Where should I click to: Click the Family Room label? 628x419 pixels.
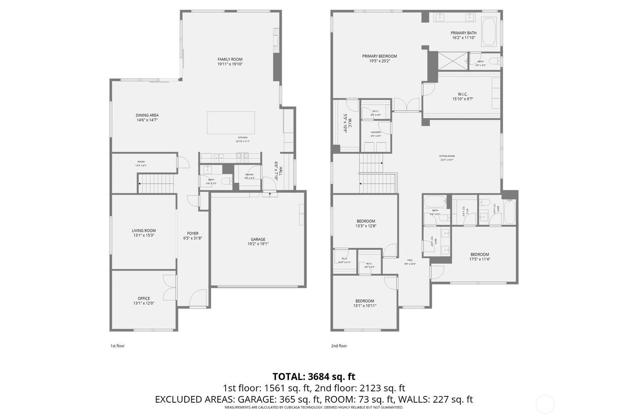[230, 59]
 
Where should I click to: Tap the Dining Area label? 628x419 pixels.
[147, 115]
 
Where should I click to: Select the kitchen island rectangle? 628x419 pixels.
[231, 122]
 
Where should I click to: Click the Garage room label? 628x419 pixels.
[258, 240]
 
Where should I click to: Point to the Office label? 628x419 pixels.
[144, 299]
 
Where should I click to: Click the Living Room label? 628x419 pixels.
[144, 230]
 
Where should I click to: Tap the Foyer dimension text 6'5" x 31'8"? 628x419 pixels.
[193, 238]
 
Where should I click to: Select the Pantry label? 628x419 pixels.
[250, 175]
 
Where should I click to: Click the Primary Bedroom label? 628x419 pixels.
[379, 56]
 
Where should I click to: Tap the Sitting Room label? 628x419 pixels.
[447, 156]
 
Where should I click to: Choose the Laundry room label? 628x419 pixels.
[376, 132]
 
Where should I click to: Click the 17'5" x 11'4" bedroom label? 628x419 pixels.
[479, 254]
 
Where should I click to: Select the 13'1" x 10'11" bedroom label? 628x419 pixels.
[365, 301]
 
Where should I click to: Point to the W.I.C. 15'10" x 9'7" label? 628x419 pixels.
[462, 94]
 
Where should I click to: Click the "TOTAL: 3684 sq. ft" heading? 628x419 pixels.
[314, 376]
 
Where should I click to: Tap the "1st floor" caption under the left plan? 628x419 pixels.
[117, 346]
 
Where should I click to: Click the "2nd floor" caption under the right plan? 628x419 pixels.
[339, 346]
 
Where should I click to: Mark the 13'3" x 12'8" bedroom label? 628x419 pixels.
[365, 221]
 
